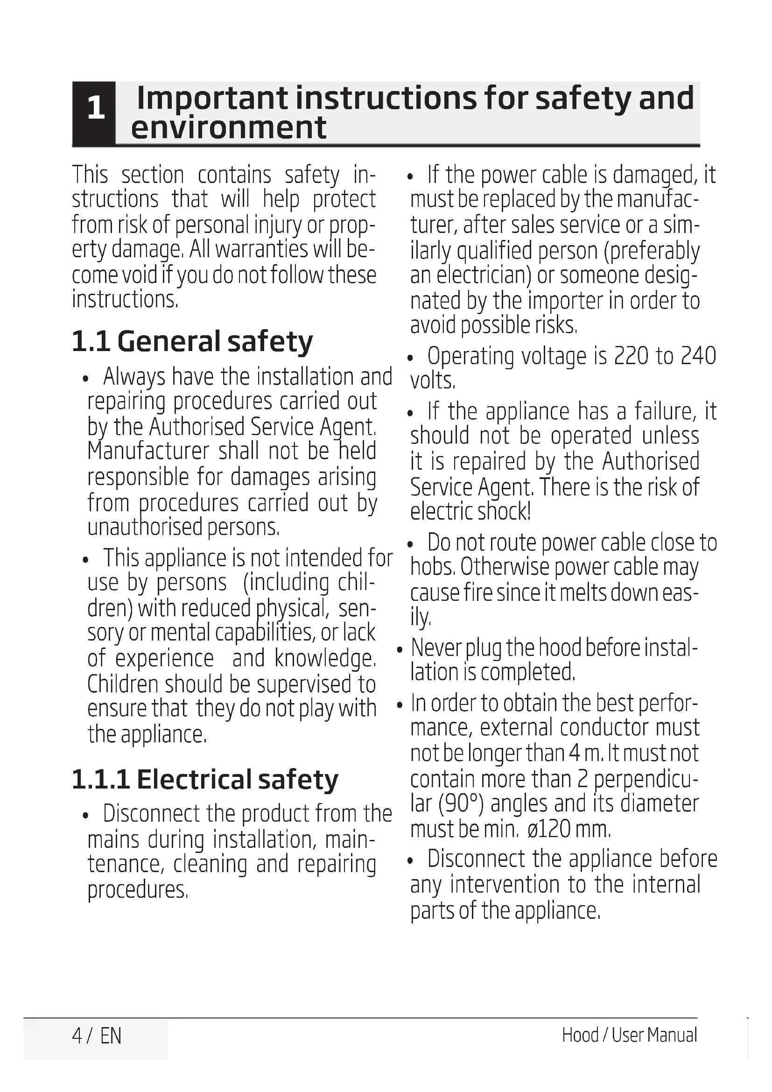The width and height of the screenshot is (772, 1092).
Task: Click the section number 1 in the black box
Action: [x=96, y=108]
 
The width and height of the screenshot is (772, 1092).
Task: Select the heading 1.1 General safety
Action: [x=192, y=341]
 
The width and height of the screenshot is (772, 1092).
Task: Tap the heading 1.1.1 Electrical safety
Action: [x=205, y=779]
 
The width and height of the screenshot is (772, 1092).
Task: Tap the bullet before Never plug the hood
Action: [x=400, y=650]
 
